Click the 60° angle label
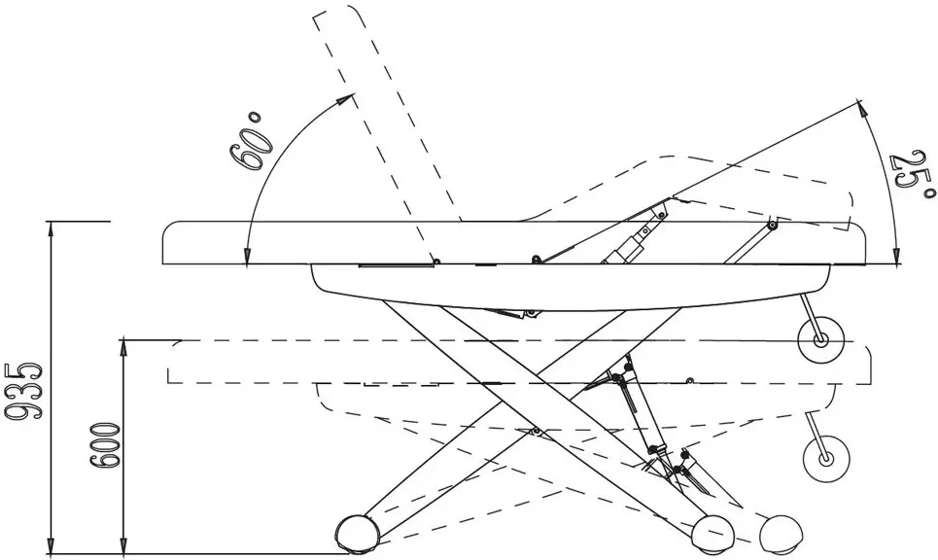[250, 141]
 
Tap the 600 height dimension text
[105, 445]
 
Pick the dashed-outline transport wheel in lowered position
[825, 459]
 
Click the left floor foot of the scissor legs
[357, 532]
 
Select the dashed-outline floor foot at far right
[781, 532]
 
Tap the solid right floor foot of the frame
[713, 532]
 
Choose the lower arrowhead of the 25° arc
[895, 255]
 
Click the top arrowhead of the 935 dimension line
[52, 229]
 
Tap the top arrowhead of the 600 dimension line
[123, 348]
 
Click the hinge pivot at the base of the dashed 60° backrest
[436, 261]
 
